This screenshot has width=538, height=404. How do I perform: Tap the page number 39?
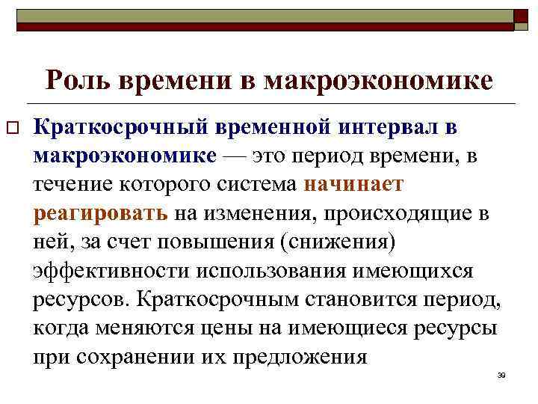[x=501, y=374]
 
